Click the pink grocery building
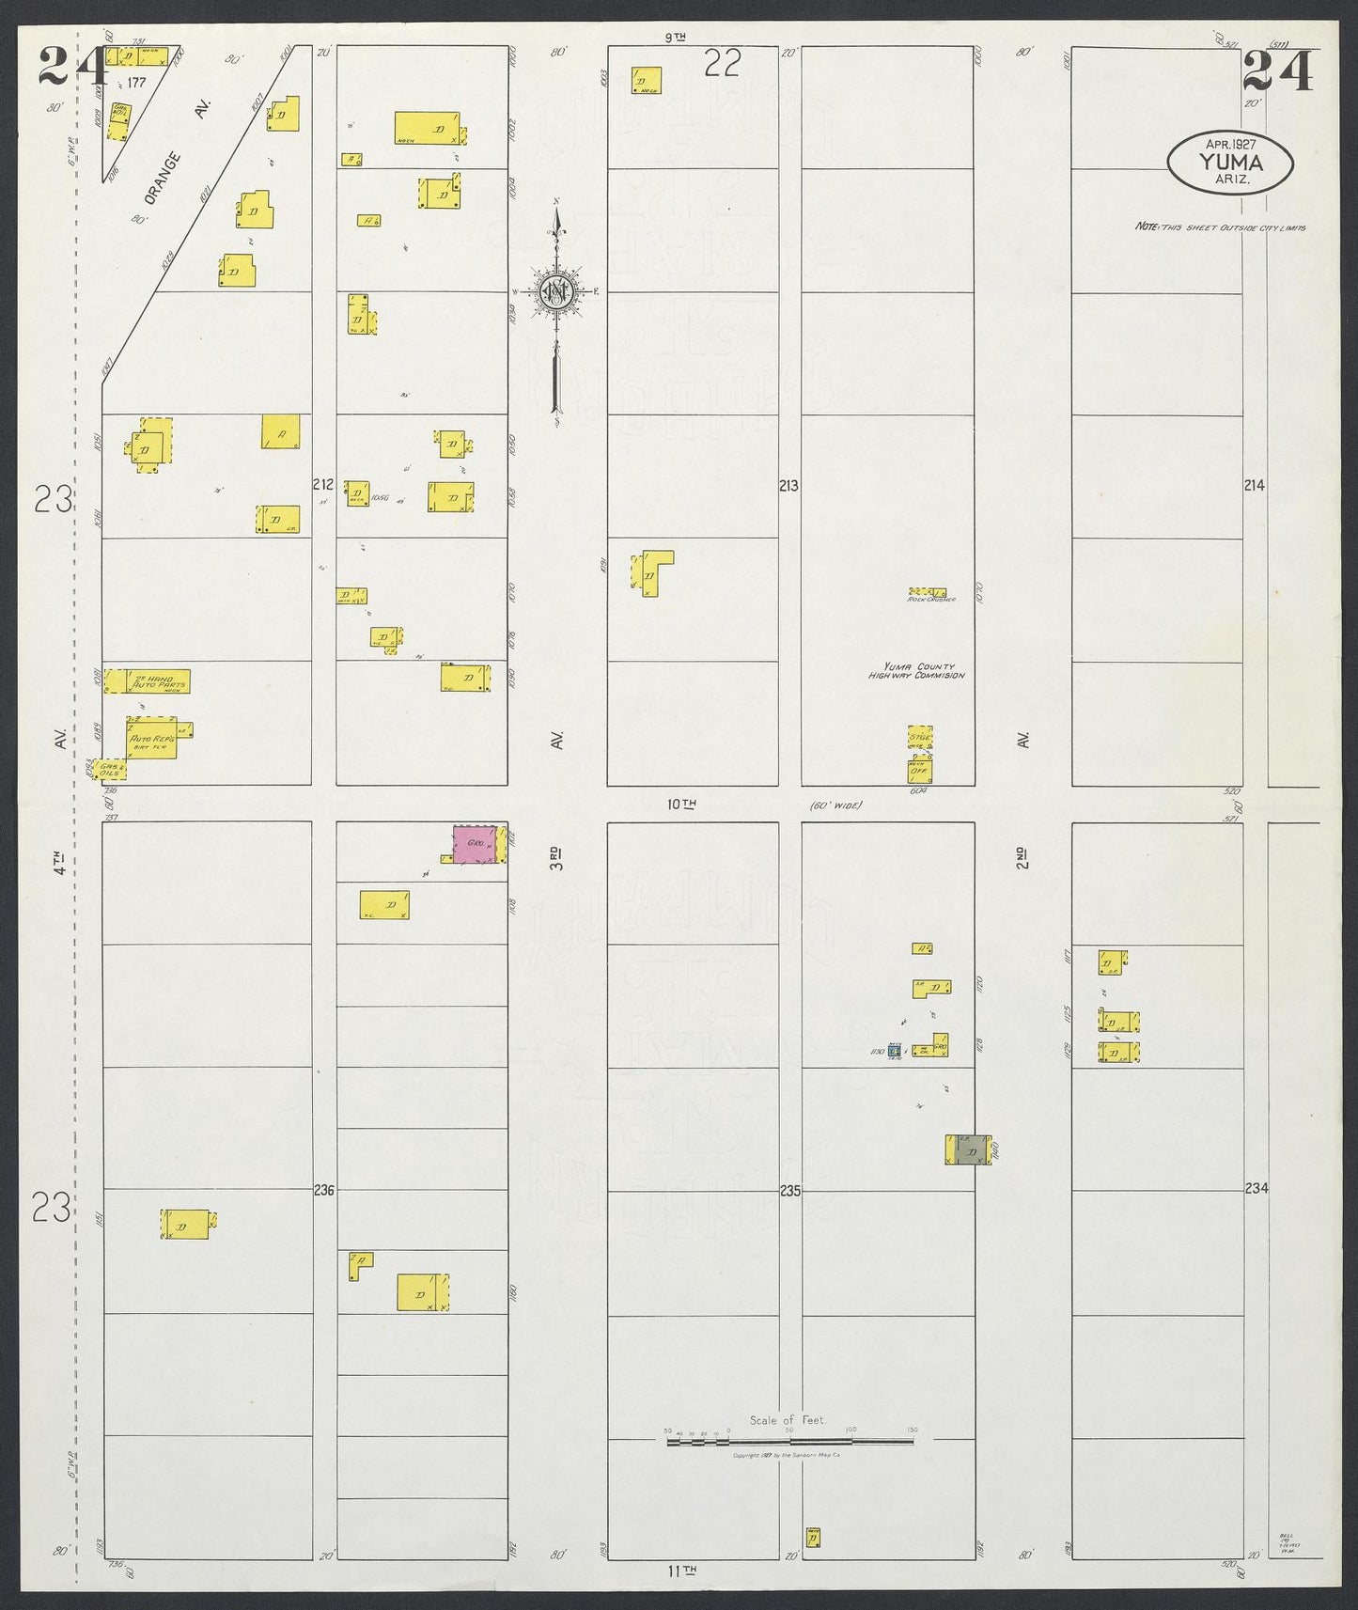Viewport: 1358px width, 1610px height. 476,845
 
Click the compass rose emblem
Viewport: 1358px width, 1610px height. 556,293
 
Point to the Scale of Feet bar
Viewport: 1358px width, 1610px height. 789,1441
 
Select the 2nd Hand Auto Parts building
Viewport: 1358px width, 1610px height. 148,681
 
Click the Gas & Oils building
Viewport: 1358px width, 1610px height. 111,770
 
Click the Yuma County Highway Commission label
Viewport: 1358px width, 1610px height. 915,670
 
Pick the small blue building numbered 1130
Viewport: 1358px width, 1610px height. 895,1050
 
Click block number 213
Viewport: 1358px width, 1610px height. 788,486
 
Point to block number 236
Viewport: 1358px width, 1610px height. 323,1190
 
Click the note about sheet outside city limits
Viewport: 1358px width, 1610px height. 1220,227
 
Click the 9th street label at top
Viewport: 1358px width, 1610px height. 675,38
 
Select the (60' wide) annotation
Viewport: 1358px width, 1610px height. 835,805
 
